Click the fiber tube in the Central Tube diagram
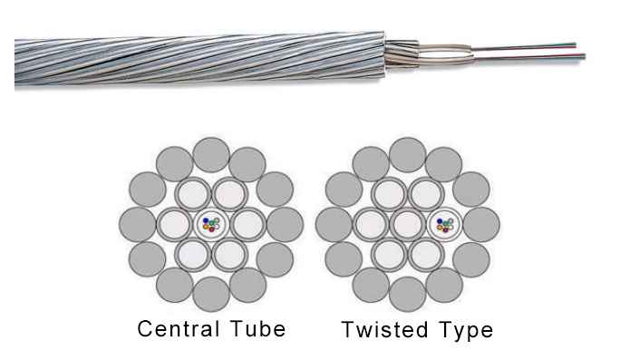pyautogui.click(x=211, y=224)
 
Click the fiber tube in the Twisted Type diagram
pyautogui.click(x=445, y=224)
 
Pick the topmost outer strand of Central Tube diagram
pyautogui.click(x=211, y=153)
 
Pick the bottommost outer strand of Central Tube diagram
pyautogui.click(x=211, y=294)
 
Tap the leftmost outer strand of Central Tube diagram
pyautogui.click(x=138, y=224)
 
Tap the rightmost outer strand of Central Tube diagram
pyautogui.click(x=285, y=224)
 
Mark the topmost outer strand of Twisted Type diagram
pyautogui.click(x=407, y=153)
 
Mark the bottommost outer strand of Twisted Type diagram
pyautogui.click(x=407, y=294)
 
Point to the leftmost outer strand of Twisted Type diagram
pyautogui.click(x=334, y=224)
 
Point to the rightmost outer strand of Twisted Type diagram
pyautogui.click(x=481, y=224)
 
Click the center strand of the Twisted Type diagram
pyautogui.click(x=407, y=224)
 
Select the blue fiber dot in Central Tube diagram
pyautogui.click(x=206, y=219)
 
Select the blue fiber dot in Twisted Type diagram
pyautogui.click(x=440, y=219)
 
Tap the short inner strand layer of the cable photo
pyautogui.click(x=402, y=53)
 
